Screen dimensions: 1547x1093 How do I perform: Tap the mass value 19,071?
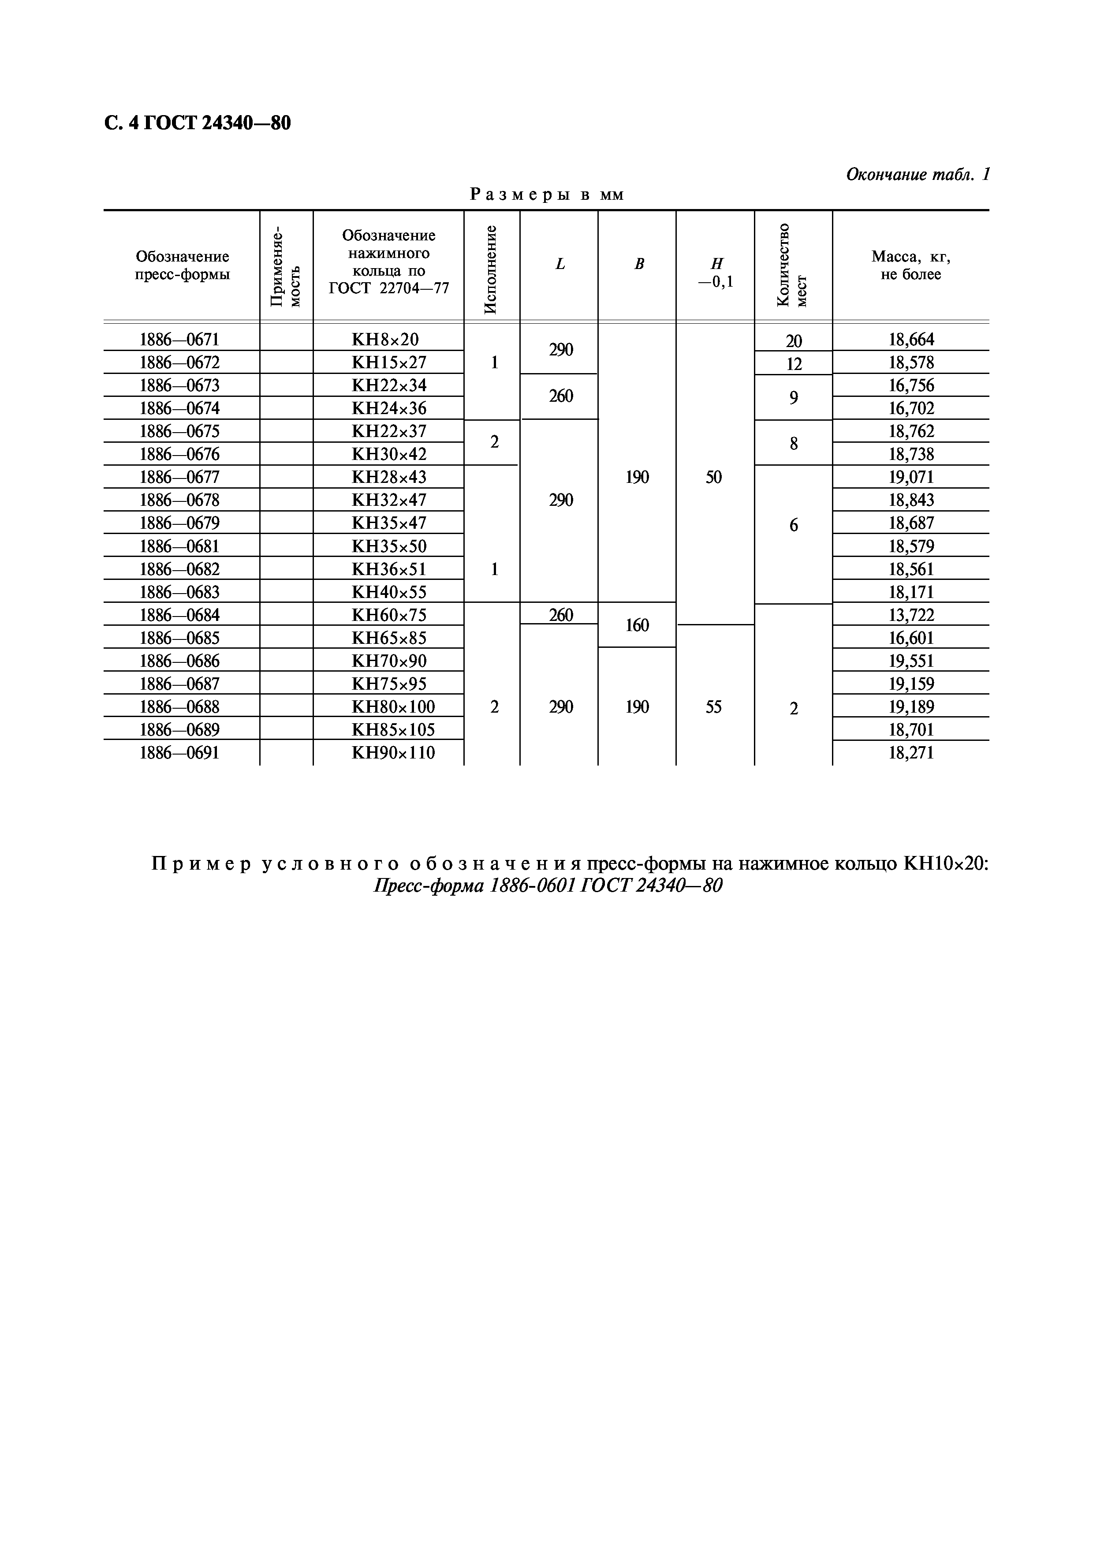click(911, 478)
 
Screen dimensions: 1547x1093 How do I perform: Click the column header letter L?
click(560, 264)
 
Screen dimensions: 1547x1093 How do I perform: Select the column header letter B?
click(638, 264)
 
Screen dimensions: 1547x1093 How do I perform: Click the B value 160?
click(637, 625)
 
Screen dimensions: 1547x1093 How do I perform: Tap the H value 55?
click(714, 707)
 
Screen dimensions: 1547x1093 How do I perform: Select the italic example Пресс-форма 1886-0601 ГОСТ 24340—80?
click(548, 886)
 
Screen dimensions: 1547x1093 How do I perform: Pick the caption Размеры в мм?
click(547, 195)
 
